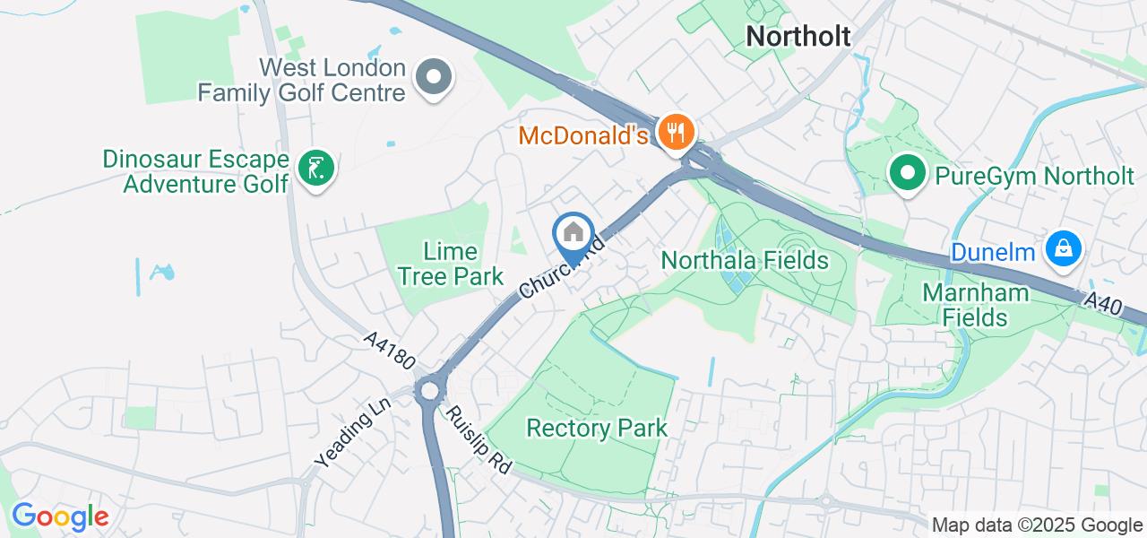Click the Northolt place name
pos(798,36)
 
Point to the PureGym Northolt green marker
pos(907,173)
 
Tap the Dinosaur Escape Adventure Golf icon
pos(315,168)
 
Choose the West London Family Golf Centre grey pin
pos(435,76)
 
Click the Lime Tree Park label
pos(451,264)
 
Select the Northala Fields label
pos(745,261)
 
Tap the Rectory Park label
pos(597,428)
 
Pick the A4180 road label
pos(390,351)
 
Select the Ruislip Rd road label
pos(478,440)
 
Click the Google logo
pos(59,516)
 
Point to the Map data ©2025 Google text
pos(1037,525)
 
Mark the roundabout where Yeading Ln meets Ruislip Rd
pos(430,391)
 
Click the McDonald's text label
pos(583,136)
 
